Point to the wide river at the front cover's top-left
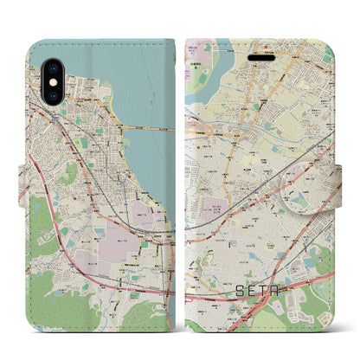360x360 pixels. (x=208, y=65)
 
